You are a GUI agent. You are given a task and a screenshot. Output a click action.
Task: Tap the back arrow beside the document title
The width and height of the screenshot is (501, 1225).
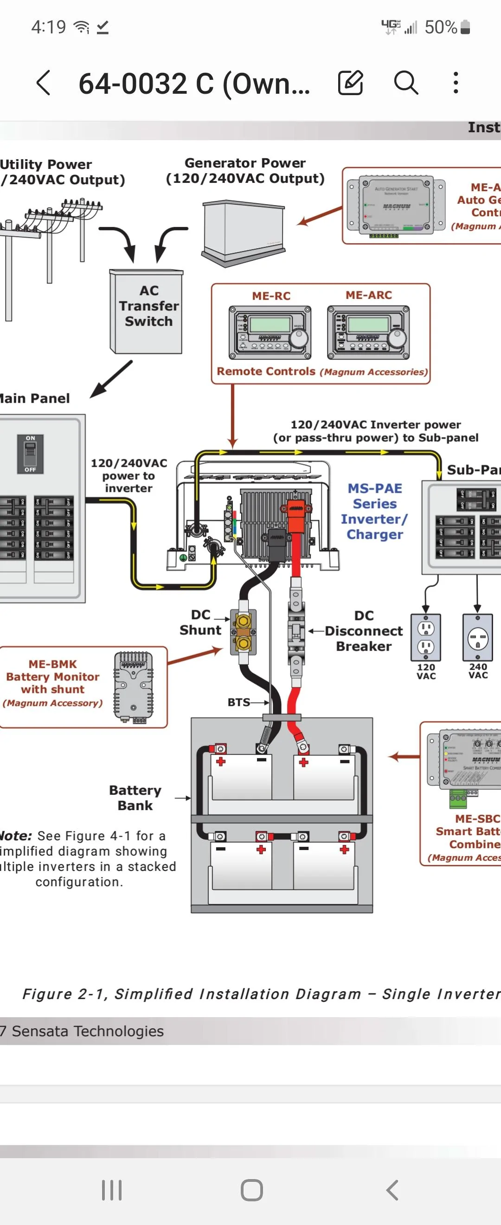43,83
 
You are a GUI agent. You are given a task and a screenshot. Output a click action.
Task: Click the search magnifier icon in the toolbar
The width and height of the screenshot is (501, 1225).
406,83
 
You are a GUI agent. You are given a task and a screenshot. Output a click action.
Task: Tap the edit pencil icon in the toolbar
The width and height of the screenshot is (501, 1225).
350,83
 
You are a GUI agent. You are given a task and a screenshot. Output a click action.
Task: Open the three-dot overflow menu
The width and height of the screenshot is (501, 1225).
456,83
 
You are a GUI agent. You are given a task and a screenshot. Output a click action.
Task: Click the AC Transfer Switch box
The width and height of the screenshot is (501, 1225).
147,311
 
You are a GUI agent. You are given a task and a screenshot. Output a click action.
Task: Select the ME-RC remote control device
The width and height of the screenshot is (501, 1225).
270,332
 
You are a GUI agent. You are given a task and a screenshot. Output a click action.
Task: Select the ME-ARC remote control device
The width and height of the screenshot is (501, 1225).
368,332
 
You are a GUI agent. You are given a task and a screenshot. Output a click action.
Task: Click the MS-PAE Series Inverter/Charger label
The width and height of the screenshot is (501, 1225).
374,511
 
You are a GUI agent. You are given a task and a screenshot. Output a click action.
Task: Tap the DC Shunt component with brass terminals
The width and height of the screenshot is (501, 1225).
244,632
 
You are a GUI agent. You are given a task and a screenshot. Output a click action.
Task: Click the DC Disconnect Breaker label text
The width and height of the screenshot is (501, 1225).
364,631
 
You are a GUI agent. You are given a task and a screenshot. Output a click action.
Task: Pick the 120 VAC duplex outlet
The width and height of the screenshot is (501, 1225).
425,637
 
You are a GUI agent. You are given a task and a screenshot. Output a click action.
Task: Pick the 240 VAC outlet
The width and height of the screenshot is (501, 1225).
477,638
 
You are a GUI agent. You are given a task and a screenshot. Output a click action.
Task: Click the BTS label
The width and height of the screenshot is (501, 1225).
238,703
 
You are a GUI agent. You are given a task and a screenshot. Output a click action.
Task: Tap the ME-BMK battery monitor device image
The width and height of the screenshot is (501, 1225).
134,687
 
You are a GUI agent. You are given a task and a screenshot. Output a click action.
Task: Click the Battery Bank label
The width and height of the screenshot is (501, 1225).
135,798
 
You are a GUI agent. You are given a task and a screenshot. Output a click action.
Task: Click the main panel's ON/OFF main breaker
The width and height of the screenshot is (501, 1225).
31,454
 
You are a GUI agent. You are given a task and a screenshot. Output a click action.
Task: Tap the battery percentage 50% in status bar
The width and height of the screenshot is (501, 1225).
441,27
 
